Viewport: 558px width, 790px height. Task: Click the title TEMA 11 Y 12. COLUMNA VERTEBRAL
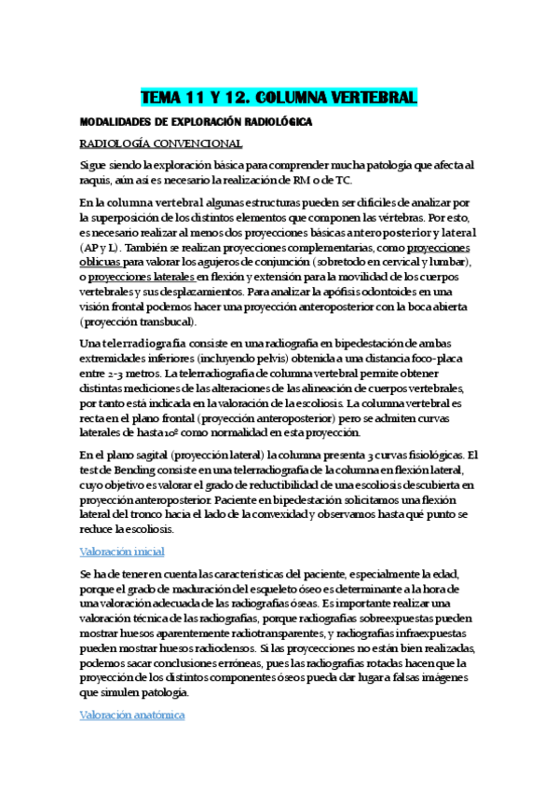click(x=279, y=98)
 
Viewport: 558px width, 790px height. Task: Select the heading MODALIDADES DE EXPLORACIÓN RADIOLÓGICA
click(x=196, y=122)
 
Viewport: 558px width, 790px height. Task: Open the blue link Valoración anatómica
click(x=131, y=715)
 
